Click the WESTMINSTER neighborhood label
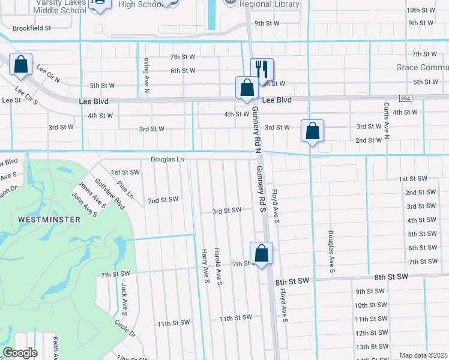pyautogui.click(x=49, y=220)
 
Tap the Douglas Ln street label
pyautogui.click(x=167, y=159)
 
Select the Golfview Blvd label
pyautogui.click(x=110, y=193)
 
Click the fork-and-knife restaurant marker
pyautogui.click(x=262, y=70)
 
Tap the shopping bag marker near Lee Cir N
pyautogui.click(x=21, y=65)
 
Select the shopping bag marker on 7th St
pyautogui.click(x=261, y=253)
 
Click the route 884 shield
pyautogui.click(x=406, y=98)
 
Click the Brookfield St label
pyautogui.click(x=32, y=28)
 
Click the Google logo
pyautogui.click(x=19, y=353)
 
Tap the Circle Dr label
pyautogui.click(x=125, y=326)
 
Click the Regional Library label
pyautogui.click(x=270, y=4)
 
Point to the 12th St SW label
pyautogui.click(x=370, y=333)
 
